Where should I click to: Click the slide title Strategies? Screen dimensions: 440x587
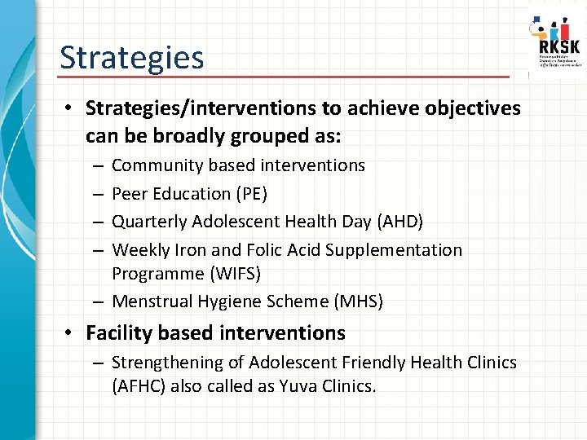coord(131,58)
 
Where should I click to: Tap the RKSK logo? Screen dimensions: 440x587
coord(556,42)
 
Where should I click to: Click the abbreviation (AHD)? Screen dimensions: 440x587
coord(399,222)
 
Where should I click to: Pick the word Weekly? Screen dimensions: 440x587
coord(138,250)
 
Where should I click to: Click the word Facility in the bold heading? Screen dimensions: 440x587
coord(118,333)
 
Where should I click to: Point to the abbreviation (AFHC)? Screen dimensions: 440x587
coord(139,385)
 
